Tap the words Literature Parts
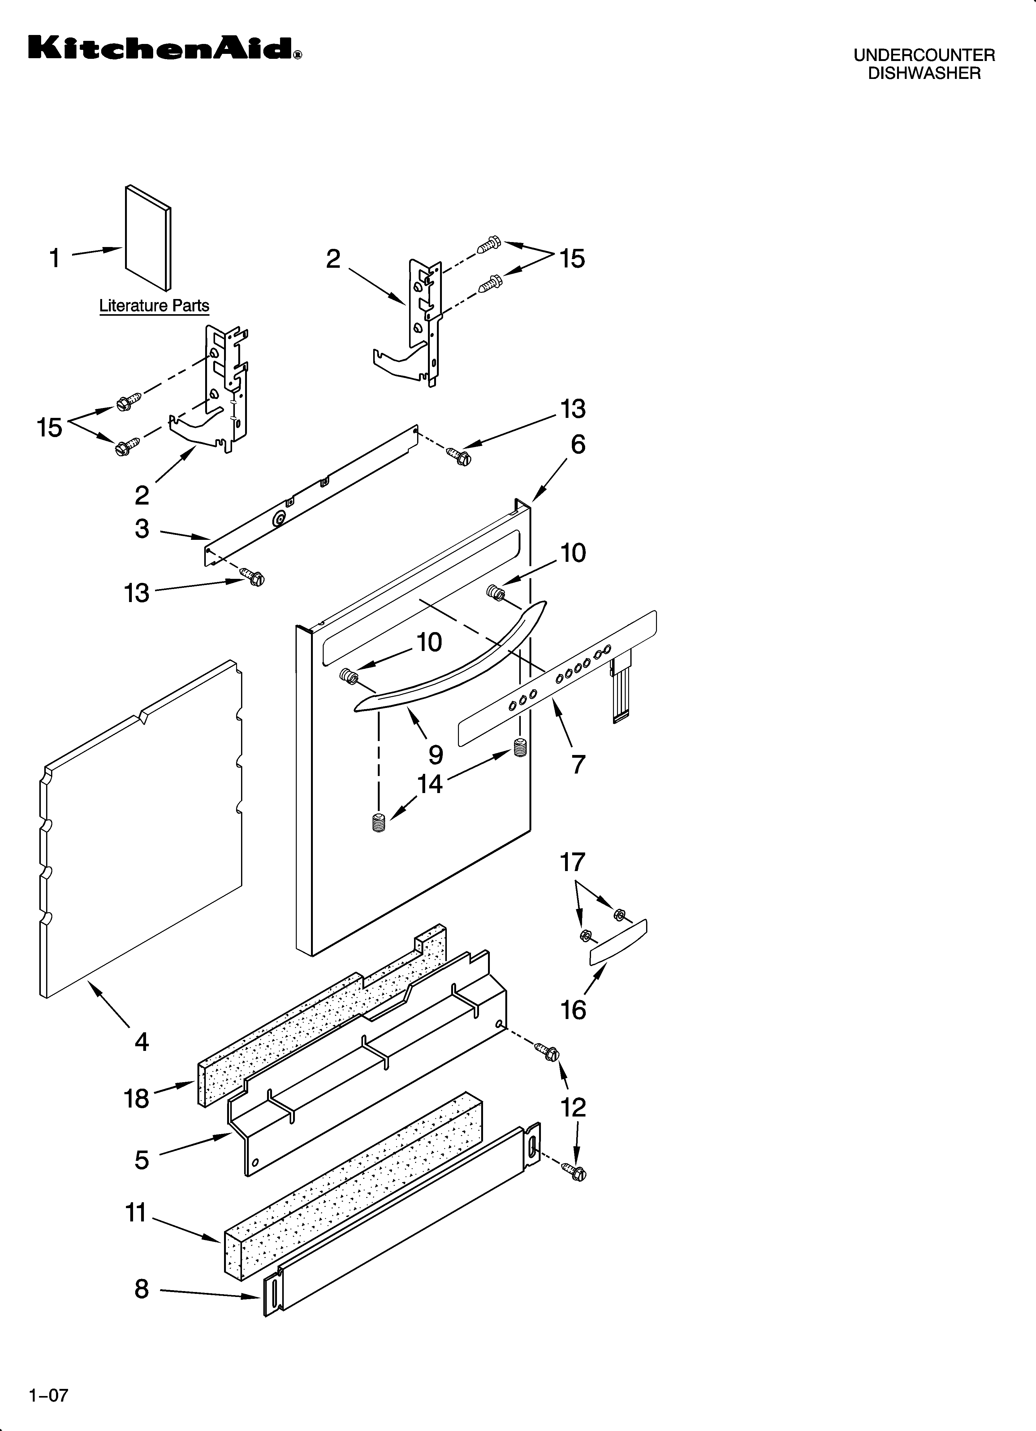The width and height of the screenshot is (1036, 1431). tap(154, 306)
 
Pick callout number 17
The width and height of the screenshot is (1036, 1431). tap(573, 862)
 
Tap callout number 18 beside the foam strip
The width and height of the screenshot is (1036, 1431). tap(136, 1099)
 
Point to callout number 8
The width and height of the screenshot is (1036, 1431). tap(141, 1289)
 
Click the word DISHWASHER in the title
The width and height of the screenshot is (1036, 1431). tap(924, 73)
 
